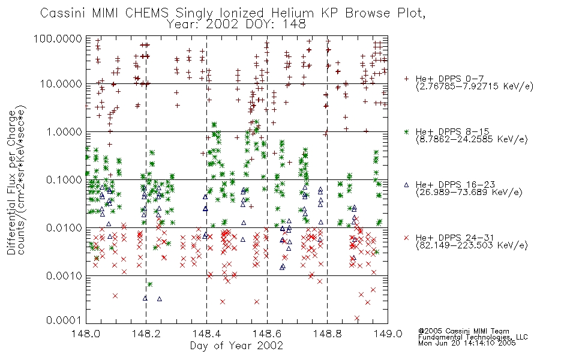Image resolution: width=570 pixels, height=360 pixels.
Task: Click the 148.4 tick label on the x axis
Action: pos(206,334)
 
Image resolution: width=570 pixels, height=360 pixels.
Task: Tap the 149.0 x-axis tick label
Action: pos(388,334)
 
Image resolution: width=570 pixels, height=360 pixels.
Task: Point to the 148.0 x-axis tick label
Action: pos(86,334)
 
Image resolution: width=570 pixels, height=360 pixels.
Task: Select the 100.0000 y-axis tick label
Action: pos(58,38)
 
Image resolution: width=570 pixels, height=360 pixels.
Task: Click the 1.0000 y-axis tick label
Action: pos(64,131)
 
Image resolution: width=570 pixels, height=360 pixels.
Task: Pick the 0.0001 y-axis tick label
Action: pos(64,320)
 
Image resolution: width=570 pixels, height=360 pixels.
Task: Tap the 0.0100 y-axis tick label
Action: pos(64,228)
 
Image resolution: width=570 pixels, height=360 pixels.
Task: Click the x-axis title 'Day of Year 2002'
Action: pos(236,346)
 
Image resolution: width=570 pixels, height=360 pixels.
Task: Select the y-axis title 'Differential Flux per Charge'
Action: pos(12,182)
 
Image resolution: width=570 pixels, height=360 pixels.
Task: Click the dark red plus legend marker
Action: pos(406,79)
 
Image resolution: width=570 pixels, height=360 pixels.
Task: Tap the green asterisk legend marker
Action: pos(406,131)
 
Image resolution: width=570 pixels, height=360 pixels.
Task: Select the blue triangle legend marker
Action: pos(406,185)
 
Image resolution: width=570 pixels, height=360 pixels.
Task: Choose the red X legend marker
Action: pos(406,238)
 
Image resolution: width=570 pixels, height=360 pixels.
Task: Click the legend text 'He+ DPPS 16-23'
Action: pos(455,185)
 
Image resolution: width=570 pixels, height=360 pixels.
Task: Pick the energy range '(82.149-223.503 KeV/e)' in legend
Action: pos(472,245)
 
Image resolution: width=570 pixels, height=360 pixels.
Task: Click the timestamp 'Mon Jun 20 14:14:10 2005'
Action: pos(467,343)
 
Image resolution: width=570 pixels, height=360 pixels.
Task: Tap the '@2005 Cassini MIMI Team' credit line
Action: pos(463,331)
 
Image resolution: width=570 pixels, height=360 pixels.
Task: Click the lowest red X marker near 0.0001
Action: pos(357,318)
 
